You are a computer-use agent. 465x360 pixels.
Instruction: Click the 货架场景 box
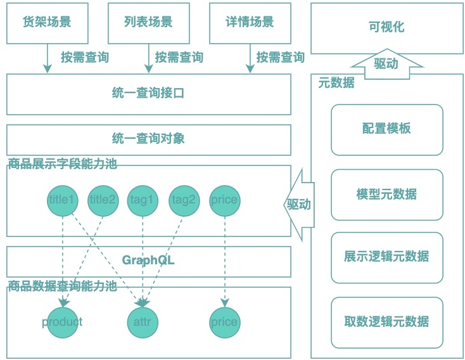pyautogui.click(x=48, y=22)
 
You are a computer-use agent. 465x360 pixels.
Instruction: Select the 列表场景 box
pyautogui.click(x=149, y=22)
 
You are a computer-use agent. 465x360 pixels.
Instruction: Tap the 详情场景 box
pyautogui.click(x=250, y=22)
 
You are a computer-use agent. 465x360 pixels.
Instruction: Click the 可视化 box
pyautogui.click(x=386, y=27)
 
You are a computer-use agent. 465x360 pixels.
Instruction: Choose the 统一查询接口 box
pyautogui.click(x=149, y=94)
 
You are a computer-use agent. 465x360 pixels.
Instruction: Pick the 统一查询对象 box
pyautogui.click(x=149, y=139)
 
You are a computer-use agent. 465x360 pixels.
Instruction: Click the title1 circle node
pyautogui.click(x=63, y=201)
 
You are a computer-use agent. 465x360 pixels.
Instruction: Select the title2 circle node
pyautogui.click(x=103, y=201)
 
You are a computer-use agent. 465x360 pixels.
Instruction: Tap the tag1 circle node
pyautogui.click(x=143, y=201)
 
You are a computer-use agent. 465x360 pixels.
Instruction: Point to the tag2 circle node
pyautogui.click(x=184, y=201)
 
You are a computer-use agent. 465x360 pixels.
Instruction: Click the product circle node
pyautogui.click(x=63, y=322)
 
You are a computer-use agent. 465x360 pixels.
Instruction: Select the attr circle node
pyautogui.click(x=143, y=322)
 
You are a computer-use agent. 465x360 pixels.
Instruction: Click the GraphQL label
pyautogui.click(x=149, y=260)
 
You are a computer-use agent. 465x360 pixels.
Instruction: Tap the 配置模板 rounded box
pyautogui.click(x=386, y=129)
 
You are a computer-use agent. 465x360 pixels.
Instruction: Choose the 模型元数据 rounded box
pyautogui.click(x=386, y=194)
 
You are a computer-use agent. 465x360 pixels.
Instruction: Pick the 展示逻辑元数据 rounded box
pyautogui.click(x=386, y=257)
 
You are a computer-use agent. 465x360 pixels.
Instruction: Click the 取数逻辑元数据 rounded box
pyautogui.click(x=386, y=321)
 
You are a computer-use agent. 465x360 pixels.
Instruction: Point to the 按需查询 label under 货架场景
pyautogui.click(x=84, y=58)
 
